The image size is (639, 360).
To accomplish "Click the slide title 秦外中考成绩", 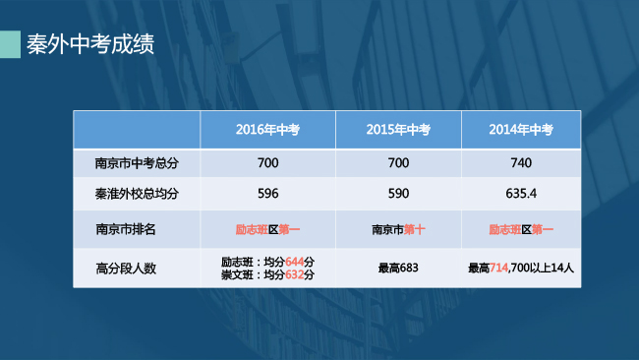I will [x=89, y=44].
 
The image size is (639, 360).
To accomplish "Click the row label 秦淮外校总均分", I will [x=136, y=193].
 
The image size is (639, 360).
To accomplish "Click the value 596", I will [x=267, y=193].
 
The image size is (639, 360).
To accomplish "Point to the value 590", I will [x=398, y=193].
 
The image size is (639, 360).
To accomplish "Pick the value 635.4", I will [x=521, y=193].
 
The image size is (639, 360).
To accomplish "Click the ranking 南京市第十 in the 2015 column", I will [x=398, y=230].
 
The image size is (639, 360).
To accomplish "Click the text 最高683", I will [x=398, y=268].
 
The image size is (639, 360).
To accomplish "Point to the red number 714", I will [x=498, y=268].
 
